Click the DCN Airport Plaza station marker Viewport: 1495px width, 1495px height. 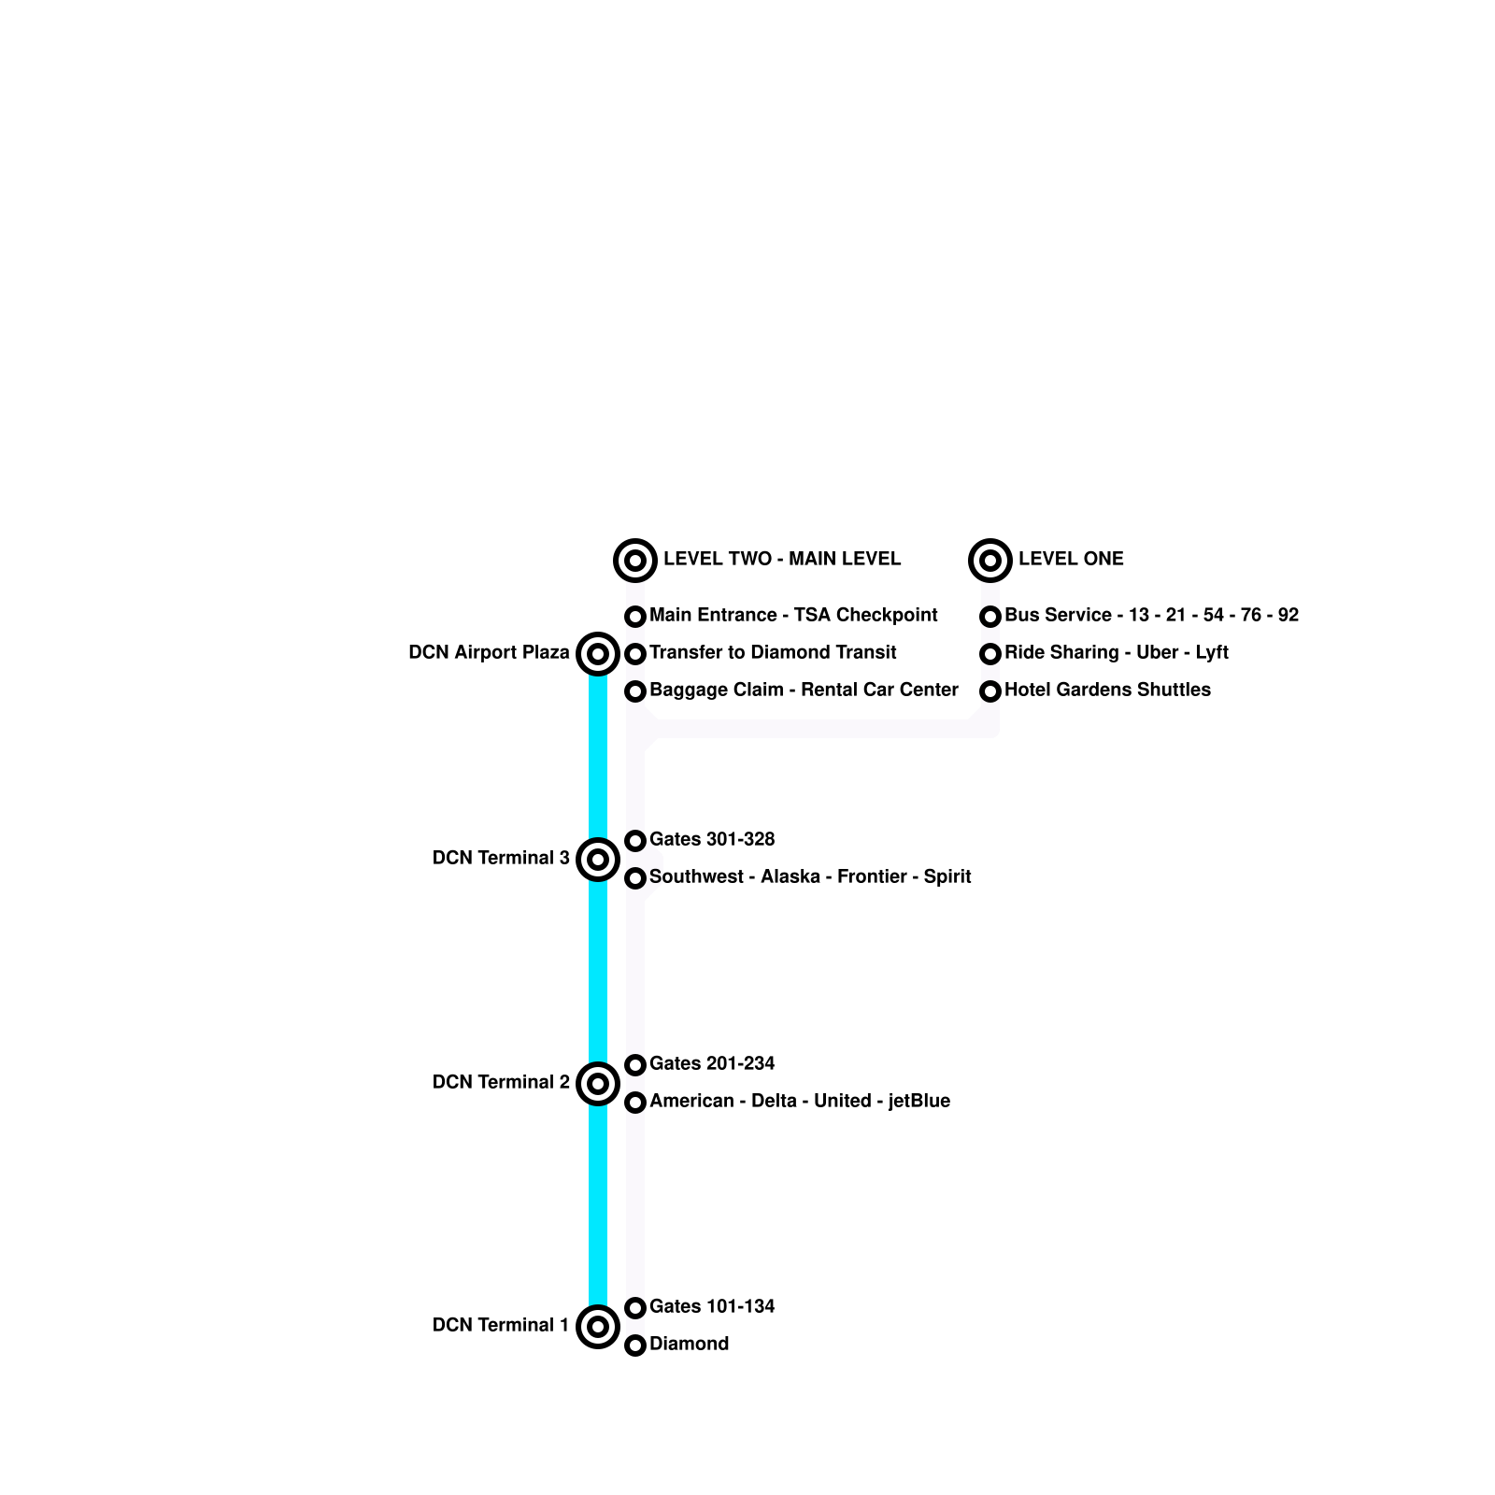[598, 653]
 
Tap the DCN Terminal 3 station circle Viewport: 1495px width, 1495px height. [598, 859]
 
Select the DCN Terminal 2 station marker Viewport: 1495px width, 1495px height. [598, 1083]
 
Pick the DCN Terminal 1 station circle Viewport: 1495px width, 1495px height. [598, 1326]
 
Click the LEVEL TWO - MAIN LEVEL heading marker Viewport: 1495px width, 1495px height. [635, 561]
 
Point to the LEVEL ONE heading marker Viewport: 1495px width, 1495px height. [990, 561]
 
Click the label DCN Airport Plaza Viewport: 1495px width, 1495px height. [489, 652]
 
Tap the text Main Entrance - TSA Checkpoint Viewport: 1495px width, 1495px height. [793, 615]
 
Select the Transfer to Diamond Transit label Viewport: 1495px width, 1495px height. [773, 652]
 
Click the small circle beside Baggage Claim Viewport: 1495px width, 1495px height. [635, 691]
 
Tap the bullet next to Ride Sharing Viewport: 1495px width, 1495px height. [990, 654]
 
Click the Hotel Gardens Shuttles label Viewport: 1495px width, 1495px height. [1107, 690]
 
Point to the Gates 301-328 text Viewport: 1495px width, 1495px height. [712, 839]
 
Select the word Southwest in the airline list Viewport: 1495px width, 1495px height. [697, 876]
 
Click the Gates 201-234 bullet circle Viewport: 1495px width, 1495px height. [635, 1065]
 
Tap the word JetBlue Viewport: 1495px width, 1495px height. [918, 1101]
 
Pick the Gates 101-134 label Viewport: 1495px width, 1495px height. [712, 1306]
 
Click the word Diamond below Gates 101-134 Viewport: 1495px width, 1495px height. [689, 1344]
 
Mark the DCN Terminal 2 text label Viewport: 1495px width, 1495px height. [501, 1082]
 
